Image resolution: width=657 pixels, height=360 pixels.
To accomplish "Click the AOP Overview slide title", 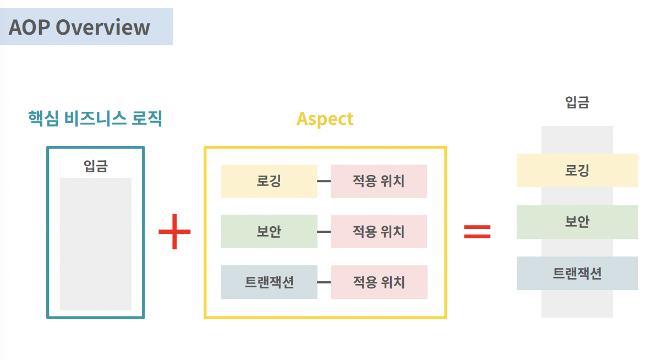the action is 79,27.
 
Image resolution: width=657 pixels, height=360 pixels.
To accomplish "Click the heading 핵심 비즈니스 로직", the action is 95,118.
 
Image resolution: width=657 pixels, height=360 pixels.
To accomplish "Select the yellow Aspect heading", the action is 325,119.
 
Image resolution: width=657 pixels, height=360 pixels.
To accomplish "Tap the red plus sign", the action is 174,231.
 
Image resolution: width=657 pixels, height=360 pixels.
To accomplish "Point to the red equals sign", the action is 477,231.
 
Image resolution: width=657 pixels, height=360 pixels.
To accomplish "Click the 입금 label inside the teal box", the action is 95,166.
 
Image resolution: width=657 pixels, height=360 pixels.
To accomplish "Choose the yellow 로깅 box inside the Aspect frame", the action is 269,181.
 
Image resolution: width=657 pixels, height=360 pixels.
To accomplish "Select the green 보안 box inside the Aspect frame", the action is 269,231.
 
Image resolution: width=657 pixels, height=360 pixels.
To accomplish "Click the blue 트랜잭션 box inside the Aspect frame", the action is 269,282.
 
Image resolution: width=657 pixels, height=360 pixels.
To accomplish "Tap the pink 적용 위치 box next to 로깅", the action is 379,181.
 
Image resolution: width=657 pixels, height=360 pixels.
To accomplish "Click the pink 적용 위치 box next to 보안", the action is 379,231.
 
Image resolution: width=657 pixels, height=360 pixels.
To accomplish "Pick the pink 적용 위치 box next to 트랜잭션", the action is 379,282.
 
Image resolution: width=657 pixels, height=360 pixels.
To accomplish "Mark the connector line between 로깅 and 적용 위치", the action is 324,181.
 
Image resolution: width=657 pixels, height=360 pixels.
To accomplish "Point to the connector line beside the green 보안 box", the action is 324,232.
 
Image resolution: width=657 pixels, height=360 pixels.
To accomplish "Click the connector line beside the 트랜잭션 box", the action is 324,282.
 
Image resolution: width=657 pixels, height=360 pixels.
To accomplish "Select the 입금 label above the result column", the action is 577,102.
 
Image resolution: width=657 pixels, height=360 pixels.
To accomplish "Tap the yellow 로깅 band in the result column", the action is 577,170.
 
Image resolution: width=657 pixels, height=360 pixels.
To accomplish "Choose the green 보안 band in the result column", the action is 577,222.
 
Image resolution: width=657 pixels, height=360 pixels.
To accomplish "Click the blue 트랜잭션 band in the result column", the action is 577,273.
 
